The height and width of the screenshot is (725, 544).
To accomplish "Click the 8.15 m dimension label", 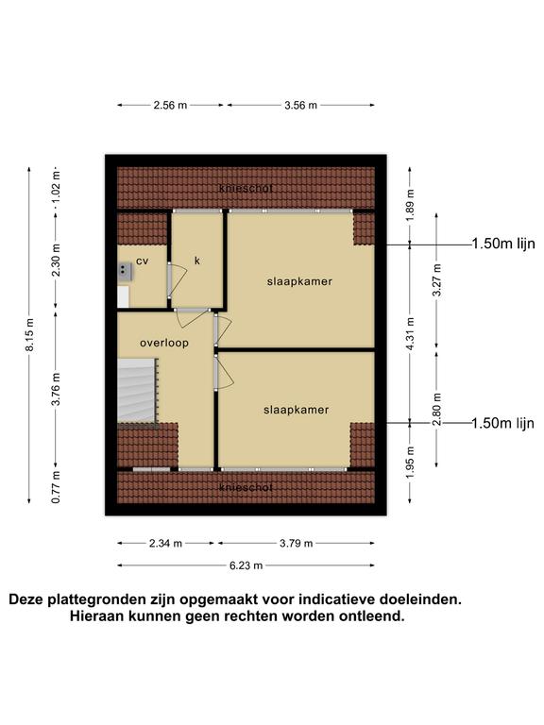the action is click(x=29, y=335).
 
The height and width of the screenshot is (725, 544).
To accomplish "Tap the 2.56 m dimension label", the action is click(x=170, y=105).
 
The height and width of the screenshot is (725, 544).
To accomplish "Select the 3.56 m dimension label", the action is click(x=300, y=105).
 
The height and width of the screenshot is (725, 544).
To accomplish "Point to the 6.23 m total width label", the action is click(x=246, y=565).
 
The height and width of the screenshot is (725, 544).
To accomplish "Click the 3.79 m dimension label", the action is click(x=296, y=544).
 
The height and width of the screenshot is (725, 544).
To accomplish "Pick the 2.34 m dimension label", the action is click(x=165, y=544).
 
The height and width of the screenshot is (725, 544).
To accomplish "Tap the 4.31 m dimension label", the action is click(x=411, y=333).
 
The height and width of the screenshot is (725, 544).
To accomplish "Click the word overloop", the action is click(x=164, y=343).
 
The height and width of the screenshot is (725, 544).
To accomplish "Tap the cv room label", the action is click(x=142, y=261).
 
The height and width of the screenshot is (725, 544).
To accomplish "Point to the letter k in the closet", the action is click(x=197, y=261).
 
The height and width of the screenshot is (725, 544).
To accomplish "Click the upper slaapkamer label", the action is click(x=299, y=281).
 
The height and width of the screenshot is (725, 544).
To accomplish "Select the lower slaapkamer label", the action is click(x=296, y=410).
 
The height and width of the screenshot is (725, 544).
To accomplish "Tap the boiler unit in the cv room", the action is click(x=125, y=272).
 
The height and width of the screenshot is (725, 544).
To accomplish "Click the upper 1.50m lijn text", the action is click(x=503, y=244).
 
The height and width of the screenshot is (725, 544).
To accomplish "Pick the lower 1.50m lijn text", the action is click(x=502, y=423).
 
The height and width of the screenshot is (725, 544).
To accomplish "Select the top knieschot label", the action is click(x=246, y=188).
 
